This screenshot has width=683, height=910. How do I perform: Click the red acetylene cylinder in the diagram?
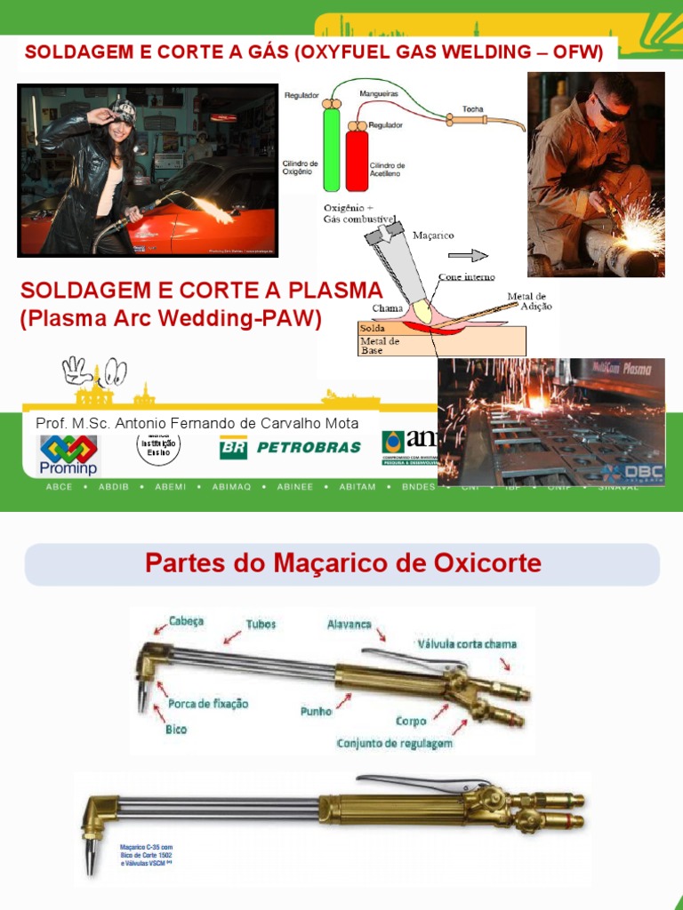[357, 158]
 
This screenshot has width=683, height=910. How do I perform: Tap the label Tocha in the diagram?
[473, 109]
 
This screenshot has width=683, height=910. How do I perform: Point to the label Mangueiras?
[379, 92]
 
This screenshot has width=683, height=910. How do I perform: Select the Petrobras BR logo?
[233, 447]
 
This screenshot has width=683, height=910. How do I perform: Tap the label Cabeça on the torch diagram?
[185, 622]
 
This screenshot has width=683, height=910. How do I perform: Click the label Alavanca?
[349, 625]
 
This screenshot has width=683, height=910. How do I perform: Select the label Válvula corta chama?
[465, 643]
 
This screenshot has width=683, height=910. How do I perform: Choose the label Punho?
[317, 711]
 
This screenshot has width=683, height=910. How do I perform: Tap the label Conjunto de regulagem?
[394, 743]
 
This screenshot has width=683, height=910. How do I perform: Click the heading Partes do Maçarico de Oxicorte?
[342, 563]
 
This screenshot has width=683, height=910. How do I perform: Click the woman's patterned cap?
[122, 111]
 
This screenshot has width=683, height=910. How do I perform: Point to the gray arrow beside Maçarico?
[474, 255]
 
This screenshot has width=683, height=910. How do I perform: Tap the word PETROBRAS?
[309, 447]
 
